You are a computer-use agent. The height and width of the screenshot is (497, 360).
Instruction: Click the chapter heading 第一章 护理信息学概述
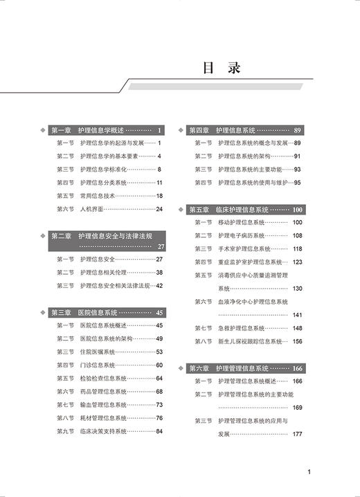[x=87, y=130]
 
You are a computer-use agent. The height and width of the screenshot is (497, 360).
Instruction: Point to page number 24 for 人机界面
[x=159, y=208]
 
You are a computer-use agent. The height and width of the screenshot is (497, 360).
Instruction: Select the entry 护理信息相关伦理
[x=105, y=272]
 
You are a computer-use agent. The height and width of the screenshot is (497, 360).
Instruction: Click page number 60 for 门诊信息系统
[x=159, y=365]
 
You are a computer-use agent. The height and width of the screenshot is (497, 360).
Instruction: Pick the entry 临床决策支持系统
[x=104, y=431]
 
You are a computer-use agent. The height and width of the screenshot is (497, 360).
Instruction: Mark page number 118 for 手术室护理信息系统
[x=298, y=248]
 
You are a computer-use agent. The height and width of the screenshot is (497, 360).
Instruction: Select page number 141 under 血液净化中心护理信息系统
[x=298, y=315]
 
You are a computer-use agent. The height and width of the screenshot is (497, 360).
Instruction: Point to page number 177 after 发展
[x=298, y=434]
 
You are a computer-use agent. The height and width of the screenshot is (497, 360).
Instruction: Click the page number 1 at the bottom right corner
[x=309, y=473]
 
